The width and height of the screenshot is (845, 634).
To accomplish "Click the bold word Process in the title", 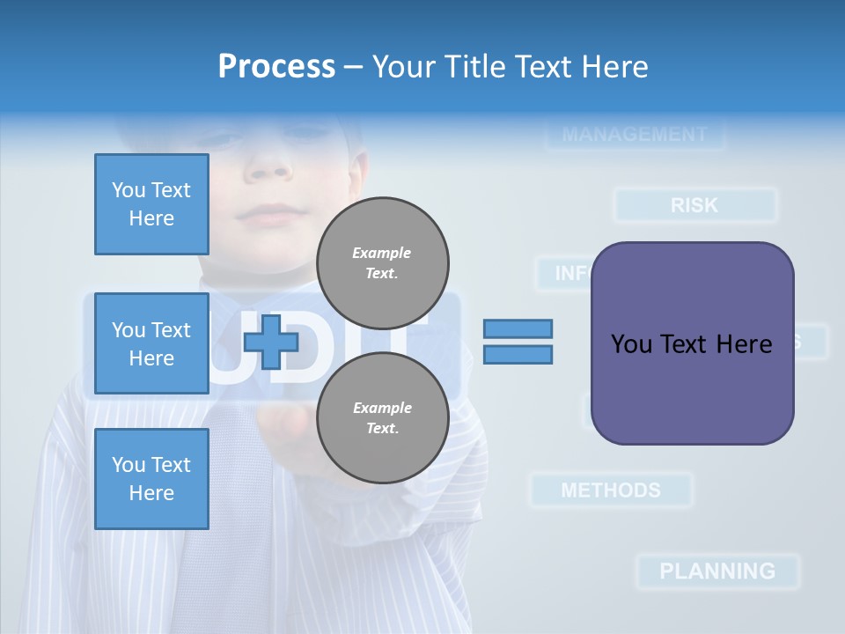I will click(276, 67).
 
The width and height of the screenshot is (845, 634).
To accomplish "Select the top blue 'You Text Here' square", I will click(151, 204).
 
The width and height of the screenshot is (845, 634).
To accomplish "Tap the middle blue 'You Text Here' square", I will click(151, 343).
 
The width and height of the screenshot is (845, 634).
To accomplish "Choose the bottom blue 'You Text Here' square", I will click(151, 479).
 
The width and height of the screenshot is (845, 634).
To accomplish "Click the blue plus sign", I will click(271, 342).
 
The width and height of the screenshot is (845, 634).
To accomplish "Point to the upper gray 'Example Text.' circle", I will click(383, 263).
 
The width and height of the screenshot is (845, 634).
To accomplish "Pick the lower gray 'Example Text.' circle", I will click(383, 418).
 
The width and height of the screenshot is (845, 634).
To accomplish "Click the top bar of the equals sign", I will click(518, 329).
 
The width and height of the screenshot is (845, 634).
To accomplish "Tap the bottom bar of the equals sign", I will click(518, 355).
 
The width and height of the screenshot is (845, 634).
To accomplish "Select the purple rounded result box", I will click(692, 343).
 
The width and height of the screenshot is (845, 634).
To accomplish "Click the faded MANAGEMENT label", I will click(634, 135).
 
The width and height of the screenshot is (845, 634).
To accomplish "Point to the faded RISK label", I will click(694, 205).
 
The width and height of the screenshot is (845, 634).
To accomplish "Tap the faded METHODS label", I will click(611, 490).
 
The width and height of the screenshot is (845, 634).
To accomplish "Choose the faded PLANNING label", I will click(717, 571).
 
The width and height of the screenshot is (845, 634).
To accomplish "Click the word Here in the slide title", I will click(614, 67).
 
